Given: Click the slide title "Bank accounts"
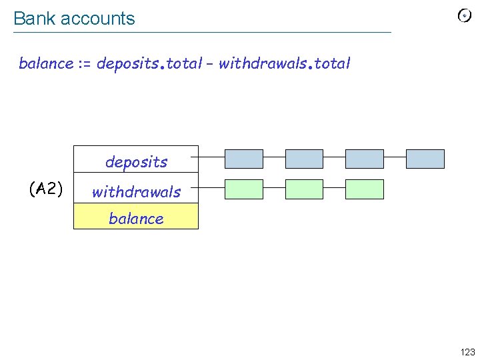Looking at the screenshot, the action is [74, 19].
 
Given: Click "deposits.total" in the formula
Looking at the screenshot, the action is [149, 64].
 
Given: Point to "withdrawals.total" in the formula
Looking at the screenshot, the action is [284, 64].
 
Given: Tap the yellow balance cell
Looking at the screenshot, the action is [136, 218].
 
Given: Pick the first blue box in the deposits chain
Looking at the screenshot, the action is [244, 159].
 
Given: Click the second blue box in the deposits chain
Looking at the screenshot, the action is [304, 159].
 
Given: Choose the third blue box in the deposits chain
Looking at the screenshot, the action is [365, 159].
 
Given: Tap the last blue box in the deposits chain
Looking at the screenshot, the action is [425, 159].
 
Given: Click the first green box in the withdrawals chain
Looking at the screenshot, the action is [244, 189].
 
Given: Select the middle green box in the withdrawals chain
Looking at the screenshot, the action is [304, 189].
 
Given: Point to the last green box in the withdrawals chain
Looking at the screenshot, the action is [365, 189].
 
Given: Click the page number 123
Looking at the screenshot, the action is [467, 352].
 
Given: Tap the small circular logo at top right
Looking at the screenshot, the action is [465, 16].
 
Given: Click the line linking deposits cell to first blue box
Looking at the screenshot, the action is [211, 158].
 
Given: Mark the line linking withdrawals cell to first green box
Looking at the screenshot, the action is [211, 189].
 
